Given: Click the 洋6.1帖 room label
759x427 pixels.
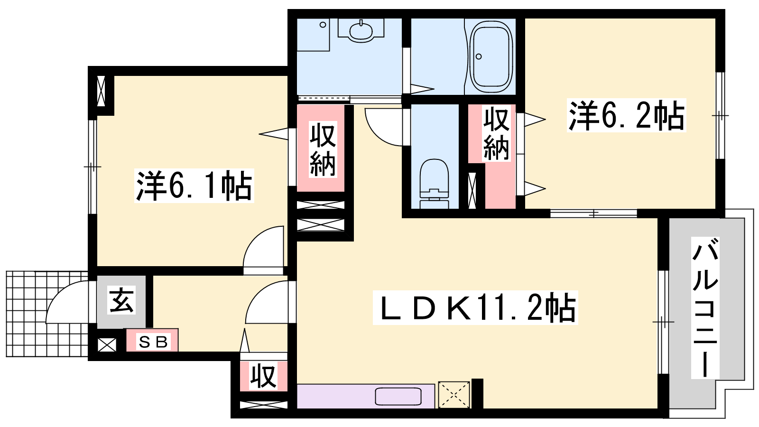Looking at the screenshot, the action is (194, 186).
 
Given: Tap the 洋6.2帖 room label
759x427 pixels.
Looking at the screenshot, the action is (627, 115).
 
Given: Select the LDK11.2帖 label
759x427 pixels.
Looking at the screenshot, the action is (475, 308).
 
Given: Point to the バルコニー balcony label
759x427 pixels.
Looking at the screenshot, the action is (705, 307).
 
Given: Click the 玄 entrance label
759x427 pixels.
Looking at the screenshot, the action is (121, 300).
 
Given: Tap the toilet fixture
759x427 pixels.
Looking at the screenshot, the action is (434, 184).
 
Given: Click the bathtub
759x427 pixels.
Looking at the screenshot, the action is (491, 56).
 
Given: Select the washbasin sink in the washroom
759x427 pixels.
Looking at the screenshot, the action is (361, 31).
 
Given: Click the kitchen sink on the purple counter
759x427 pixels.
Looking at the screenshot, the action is (398, 397).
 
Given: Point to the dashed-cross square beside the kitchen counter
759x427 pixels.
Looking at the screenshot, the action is (454, 395).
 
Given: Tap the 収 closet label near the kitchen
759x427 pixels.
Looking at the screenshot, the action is (263, 377).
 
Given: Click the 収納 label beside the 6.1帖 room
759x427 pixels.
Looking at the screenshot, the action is (323, 149).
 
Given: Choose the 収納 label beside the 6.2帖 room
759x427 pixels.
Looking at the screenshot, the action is (496, 133).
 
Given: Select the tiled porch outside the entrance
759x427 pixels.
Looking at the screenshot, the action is (47, 314).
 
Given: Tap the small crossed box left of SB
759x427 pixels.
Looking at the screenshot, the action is (107, 345).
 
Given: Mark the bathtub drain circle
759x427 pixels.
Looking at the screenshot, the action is (479, 56).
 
